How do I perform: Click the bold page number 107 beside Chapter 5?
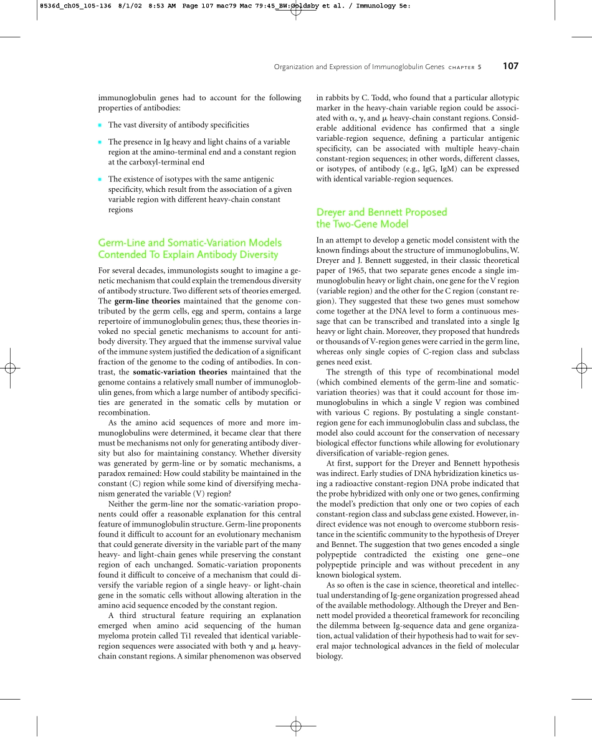510,67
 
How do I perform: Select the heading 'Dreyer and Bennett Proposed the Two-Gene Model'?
381,218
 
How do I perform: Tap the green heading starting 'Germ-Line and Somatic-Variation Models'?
190,248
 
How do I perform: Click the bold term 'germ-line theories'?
148,301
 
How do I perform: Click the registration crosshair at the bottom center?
296,725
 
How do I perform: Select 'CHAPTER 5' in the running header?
464,67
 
